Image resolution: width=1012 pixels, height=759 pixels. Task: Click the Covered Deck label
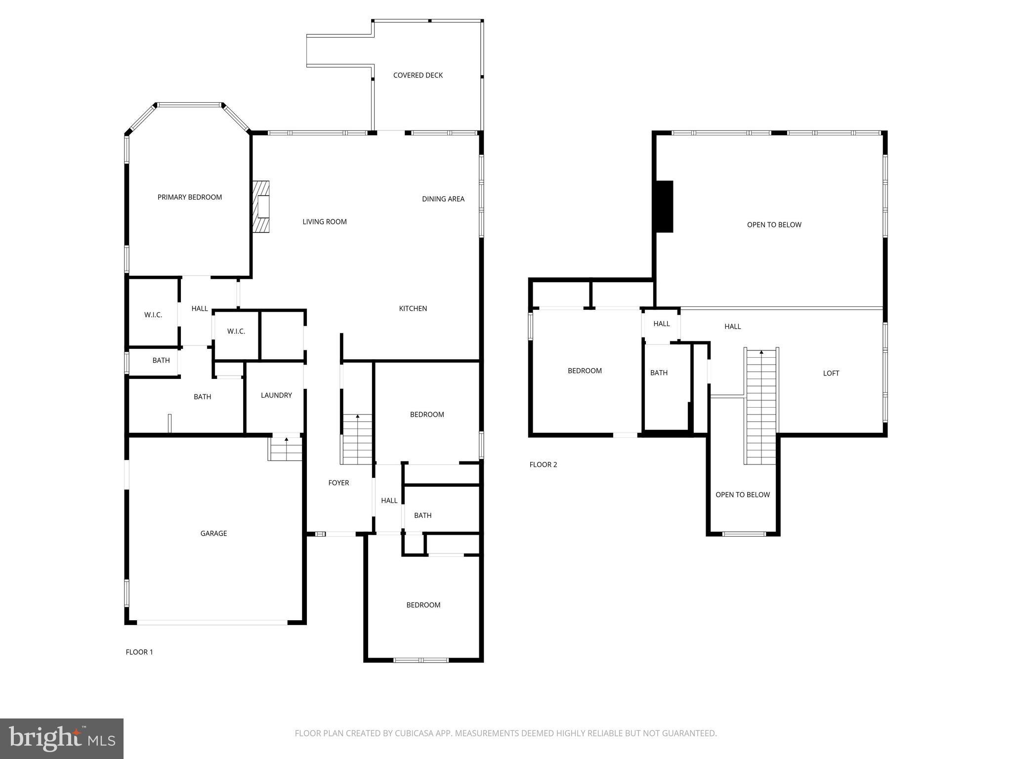(418, 75)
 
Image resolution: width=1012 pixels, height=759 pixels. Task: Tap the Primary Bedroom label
(189, 197)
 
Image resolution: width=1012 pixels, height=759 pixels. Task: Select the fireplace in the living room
(262, 207)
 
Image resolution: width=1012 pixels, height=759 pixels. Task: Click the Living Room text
(324, 222)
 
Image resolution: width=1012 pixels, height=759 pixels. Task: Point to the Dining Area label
(443, 199)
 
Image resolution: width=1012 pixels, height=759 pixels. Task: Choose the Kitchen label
(413, 308)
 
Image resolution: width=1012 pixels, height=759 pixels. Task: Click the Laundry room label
(276, 395)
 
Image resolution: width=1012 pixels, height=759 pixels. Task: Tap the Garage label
(213, 533)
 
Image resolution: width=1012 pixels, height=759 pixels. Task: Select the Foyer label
(338, 483)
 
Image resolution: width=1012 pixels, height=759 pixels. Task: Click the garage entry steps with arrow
(286, 449)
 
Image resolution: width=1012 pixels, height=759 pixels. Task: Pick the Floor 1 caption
(139, 652)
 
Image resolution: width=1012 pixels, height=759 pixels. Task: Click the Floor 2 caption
(543, 464)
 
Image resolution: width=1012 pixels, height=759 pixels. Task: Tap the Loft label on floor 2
(831, 374)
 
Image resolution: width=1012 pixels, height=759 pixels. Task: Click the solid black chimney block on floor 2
(664, 207)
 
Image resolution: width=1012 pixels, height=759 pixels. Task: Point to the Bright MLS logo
(62, 738)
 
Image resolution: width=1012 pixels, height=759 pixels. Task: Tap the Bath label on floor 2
(659, 373)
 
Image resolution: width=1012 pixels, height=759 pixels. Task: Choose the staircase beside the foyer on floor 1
(357, 440)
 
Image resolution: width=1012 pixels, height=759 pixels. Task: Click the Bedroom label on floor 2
(584, 371)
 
